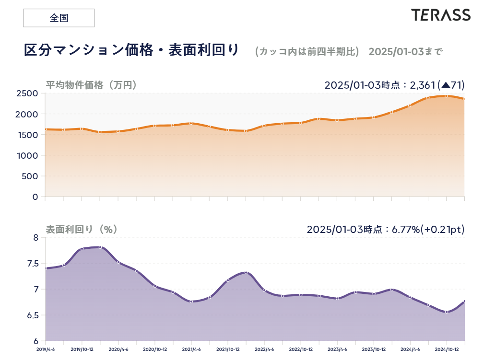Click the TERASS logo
coord(440,15)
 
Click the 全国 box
coord(59,18)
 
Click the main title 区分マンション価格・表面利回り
coord(131,50)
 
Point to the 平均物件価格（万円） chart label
coord(92,85)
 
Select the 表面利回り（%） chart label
coord(82,230)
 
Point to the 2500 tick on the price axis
coord(28,93)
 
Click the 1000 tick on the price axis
coord(28,156)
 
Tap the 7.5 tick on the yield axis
coord(32,264)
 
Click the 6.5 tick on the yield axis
coord(32,315)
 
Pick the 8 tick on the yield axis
coord(35,237)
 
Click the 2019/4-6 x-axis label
coord(46,349)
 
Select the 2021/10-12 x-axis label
coord(228,349)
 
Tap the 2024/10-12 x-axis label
coord(447,349)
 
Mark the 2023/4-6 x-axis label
coord(337,349)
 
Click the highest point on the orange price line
coord(446,96)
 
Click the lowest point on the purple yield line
coord(447,312)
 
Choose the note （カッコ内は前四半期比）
coord(307,51)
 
